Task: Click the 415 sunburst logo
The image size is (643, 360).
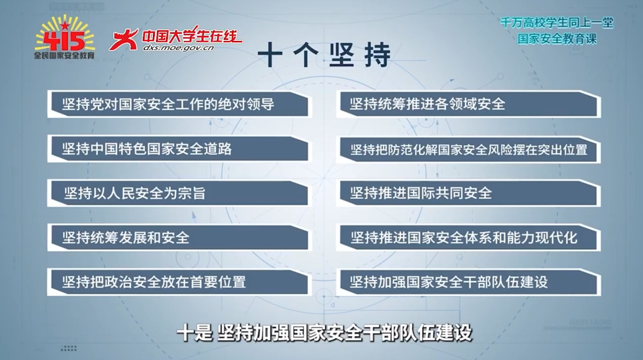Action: point(64,37)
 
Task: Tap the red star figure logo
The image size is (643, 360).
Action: point(123,39)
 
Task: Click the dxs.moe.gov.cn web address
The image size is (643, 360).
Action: point(179,48)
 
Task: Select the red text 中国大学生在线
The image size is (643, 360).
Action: point(192,36)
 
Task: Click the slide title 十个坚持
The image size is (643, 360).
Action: point(324,55)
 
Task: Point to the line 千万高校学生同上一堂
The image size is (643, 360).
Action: point(557,23)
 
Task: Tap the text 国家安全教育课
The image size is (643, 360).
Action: point(557,39)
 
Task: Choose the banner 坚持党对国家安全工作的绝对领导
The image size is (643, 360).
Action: point(180,104)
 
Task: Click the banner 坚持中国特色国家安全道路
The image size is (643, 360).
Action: point(180,149)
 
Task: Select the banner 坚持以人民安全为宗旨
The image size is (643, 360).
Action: point(180,193)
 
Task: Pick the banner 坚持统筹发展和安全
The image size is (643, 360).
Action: point(180,237)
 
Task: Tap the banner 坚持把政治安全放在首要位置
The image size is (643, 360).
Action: point(180,282)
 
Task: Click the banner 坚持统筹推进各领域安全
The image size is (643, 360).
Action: point(469,104)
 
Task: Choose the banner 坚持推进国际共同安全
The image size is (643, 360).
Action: point(469,193)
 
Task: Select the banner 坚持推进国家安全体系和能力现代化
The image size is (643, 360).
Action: point(469,238)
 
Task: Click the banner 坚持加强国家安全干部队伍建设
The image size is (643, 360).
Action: point(469,282)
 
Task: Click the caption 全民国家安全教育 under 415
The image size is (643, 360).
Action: point(64,55)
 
